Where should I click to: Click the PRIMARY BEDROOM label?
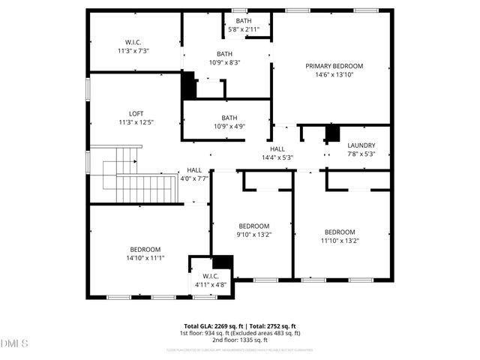click(334, 66)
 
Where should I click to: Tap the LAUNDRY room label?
click(361, 145)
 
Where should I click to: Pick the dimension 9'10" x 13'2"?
click(253, 234)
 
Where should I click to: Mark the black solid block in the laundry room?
click(332, 133)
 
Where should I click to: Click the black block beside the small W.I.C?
click(223, 262)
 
